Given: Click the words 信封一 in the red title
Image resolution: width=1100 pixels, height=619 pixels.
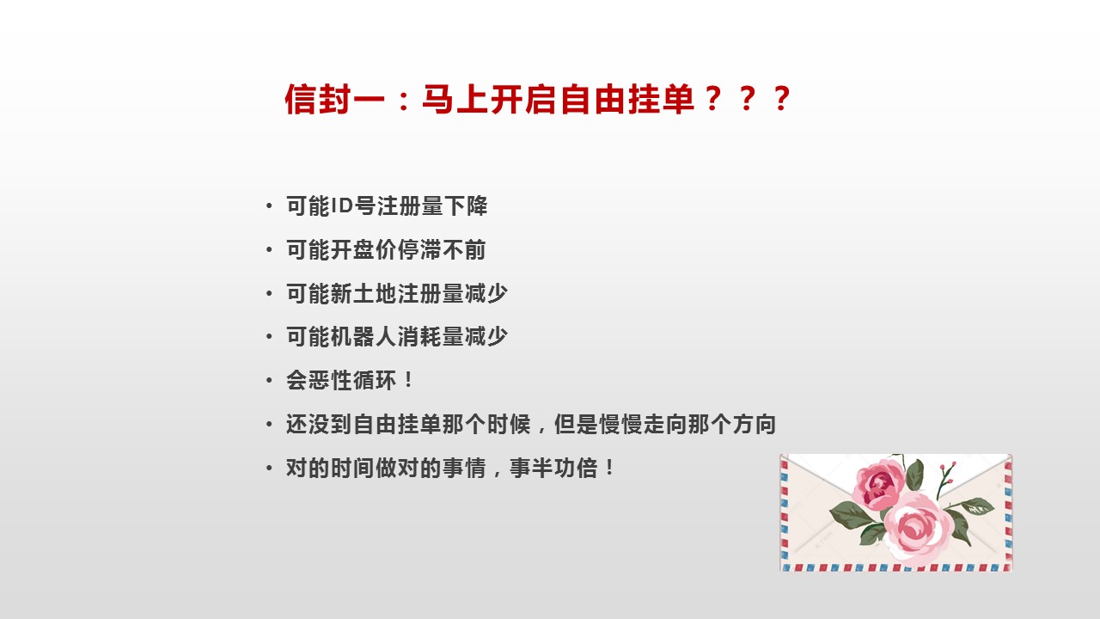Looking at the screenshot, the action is click(334, 99).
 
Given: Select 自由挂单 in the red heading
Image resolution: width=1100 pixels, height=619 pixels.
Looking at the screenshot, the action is click(627, 99).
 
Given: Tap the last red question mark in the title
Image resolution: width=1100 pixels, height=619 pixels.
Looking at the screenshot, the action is click(781, 99).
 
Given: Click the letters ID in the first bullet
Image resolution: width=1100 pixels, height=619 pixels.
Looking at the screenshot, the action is click(342, 205).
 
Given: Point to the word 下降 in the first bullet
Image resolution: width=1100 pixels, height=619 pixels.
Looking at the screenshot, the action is click(466, 205).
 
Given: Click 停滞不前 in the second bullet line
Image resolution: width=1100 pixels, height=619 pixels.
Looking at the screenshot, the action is click(441, 249).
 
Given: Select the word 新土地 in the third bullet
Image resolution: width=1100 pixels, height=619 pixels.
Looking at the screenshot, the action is click(363, 293).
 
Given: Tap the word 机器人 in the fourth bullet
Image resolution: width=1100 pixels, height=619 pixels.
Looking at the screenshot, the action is click(363, 336).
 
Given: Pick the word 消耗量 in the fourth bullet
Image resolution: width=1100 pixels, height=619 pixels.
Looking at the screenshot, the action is click(430, 336).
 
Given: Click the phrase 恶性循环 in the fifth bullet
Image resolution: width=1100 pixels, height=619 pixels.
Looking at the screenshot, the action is click(351, 380).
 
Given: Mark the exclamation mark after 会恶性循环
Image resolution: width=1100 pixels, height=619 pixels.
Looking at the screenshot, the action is click(408, 380).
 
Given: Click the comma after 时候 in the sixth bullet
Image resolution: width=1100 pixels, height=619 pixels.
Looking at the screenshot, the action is click(541, 429).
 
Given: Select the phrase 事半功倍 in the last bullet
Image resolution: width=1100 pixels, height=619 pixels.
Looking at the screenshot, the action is click(553, 468).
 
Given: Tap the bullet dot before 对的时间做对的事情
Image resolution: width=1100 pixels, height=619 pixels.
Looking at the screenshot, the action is click(269, 468).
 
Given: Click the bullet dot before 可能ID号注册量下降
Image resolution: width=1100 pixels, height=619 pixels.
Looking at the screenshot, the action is click(269, 205).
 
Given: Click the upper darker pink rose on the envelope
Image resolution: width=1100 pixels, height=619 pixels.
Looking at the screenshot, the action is click(878, 484).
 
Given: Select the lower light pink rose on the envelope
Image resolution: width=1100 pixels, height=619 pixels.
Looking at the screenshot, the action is click(914, 529).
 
